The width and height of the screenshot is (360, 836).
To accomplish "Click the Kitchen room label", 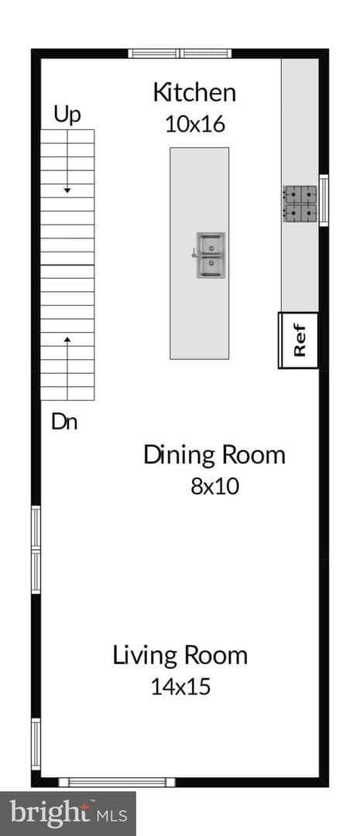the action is [x=194, y=93].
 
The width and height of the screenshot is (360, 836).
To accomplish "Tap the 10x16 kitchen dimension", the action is [x=194, y=124].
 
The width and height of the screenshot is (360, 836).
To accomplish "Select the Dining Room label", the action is [x=214, y=455].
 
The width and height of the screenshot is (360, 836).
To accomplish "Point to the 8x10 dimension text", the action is [x=214, y=486].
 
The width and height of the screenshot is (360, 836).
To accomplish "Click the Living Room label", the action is [x=180, y=656].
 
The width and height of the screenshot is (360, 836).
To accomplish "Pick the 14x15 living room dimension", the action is [x=181, y=687].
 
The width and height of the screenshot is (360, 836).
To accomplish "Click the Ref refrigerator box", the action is [x=299, y=340].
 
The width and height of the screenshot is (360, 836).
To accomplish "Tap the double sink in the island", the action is [x=211, y=255].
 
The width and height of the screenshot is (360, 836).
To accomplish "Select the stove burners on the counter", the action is [x=300, y=204].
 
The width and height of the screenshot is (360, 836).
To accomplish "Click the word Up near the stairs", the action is [x=67, y=115].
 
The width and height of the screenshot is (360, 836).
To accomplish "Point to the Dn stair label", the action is [x=64, y=423].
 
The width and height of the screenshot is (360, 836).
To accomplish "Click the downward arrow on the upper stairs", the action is [x=67, y=162].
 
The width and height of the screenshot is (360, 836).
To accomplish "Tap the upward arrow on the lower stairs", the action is [x=67, y=368].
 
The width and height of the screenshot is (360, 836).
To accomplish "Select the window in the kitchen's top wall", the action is [x=180, y=53].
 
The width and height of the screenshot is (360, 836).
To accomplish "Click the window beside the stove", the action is [x=324, y=200].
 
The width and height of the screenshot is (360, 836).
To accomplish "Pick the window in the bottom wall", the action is [x=117, y=782].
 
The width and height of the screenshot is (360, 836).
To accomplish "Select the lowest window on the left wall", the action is [x=36, y=745].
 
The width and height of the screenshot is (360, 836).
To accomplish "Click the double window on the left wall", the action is [x=36, y=550].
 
